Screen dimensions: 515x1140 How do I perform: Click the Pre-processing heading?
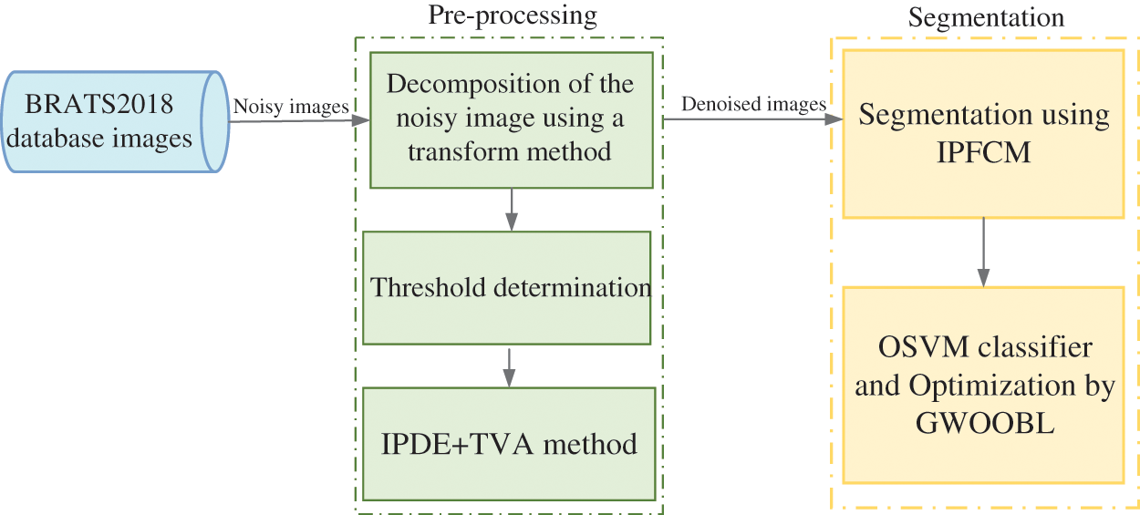(x=513, y=15)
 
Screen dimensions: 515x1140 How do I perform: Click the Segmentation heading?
(x=986, y=18)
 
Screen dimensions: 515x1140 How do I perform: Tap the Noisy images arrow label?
(x=291, y=107)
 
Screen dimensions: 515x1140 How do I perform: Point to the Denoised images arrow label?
(x=754, y=104)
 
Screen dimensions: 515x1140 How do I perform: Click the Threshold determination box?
(x=507, y=287)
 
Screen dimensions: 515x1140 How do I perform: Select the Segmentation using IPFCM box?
(x=983, y=133)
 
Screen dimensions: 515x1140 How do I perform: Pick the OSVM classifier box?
(x=983, y=385)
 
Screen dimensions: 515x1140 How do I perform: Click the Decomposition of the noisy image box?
(x=511, y=118)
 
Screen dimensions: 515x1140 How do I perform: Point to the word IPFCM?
(x=984, y=151)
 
